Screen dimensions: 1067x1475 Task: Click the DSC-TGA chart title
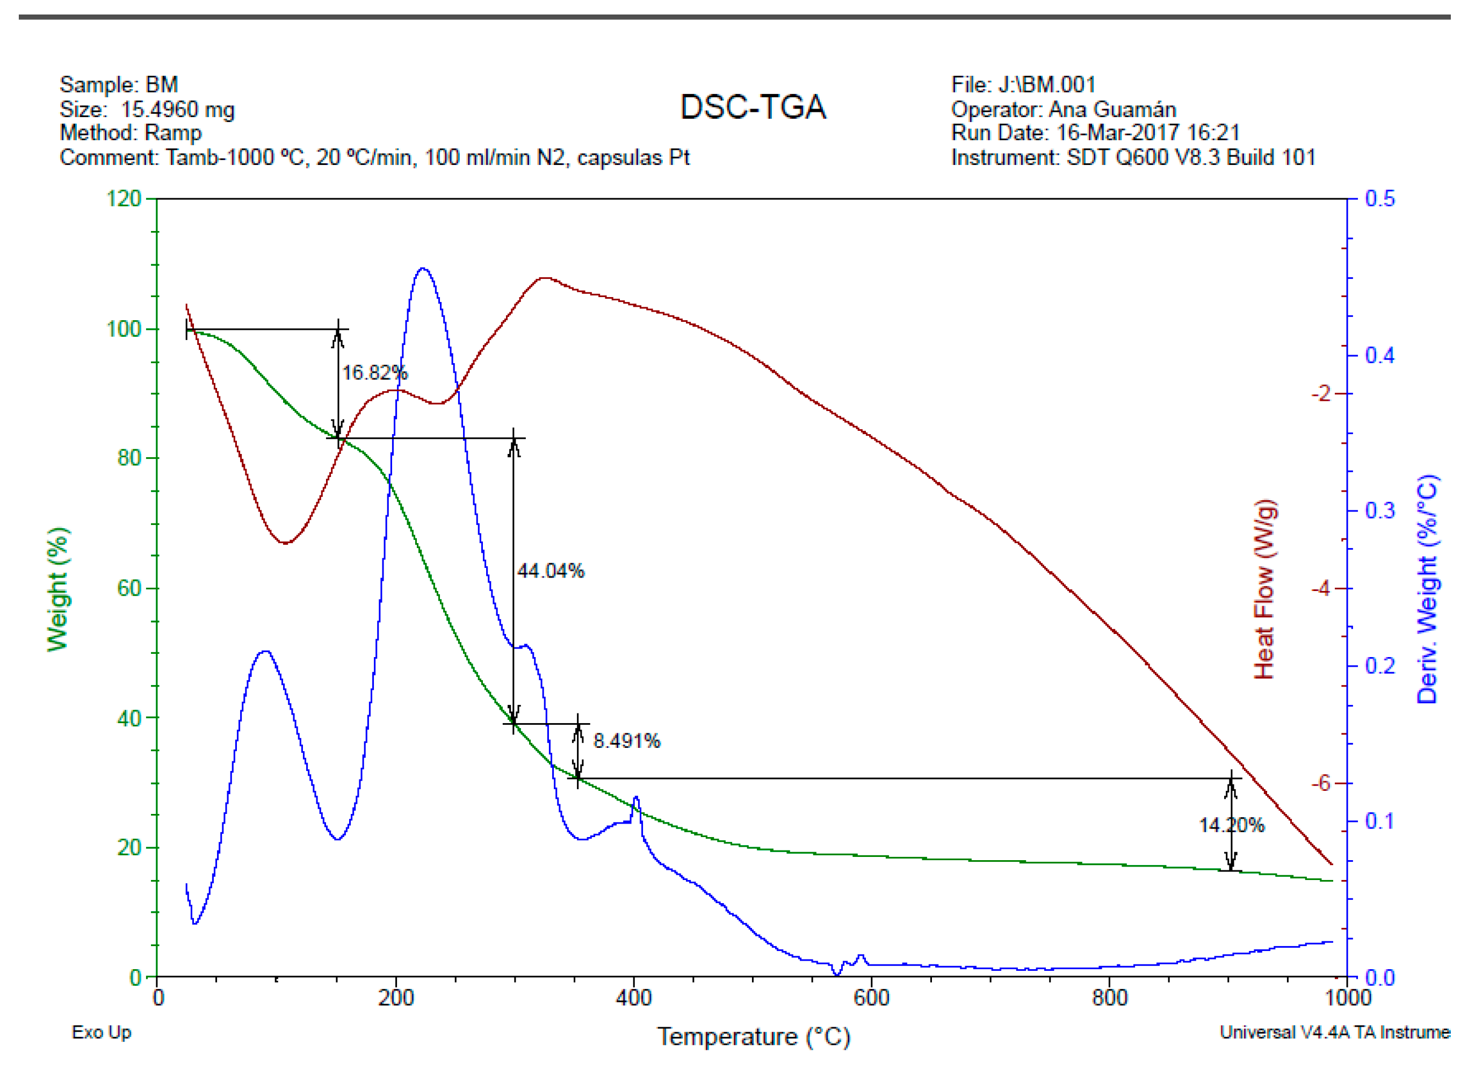tap(753, 107)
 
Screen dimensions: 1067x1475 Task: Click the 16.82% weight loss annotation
tap(374, 373)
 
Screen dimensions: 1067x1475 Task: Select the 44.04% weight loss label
tap(550, 571)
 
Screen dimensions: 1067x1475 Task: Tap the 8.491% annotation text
tap(626, 741)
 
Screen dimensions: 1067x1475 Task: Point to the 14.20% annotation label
tap(1231, 826)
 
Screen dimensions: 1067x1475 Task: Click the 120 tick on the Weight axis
tap(124, 198)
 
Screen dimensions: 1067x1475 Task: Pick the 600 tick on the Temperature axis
tap(871, 997)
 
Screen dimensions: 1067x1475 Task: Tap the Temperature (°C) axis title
tap(753, 1036)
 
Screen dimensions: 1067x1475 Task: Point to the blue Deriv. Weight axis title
tap(1428, 589)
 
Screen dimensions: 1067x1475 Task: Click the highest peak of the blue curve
tap(423, 268)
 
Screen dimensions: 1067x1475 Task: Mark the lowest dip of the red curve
tap(284, 543)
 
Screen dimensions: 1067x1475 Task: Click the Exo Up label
tap(102, 1032)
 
